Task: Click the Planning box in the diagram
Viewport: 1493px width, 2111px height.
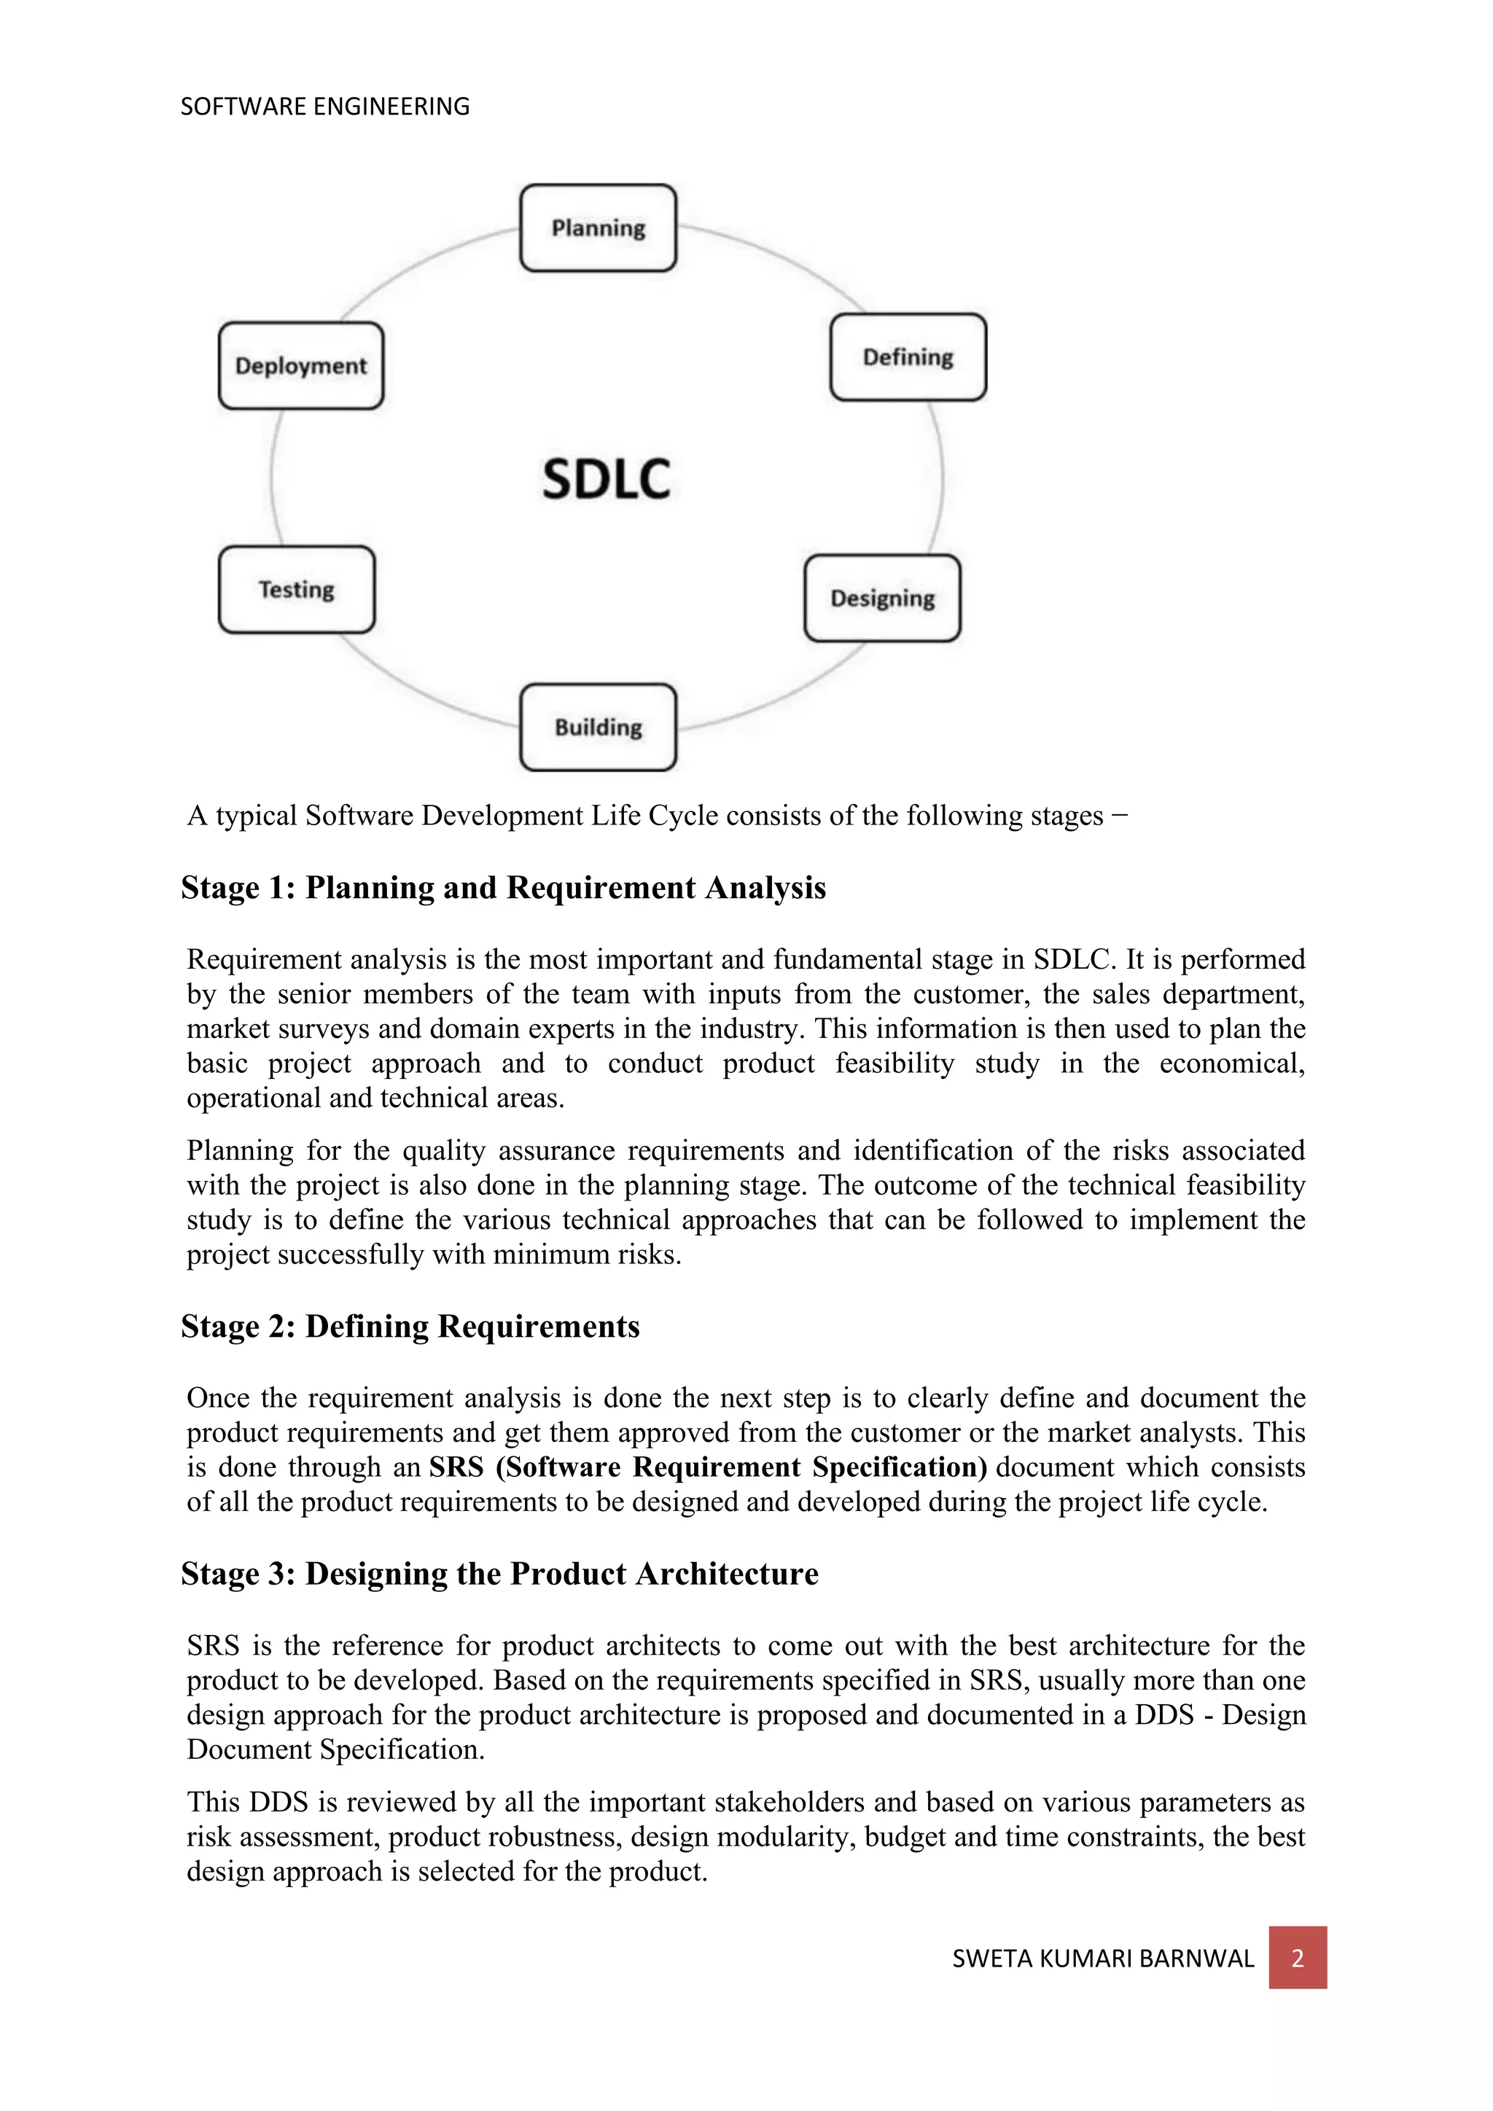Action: click(598, 228)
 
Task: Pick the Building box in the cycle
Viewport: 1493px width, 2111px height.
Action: click(598, 727)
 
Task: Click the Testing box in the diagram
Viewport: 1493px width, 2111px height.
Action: click(296, 590)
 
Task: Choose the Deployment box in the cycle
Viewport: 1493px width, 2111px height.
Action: click(300, 366)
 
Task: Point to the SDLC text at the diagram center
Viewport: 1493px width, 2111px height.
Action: click(606, 479)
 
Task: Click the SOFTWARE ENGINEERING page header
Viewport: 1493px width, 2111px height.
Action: click(324, 106)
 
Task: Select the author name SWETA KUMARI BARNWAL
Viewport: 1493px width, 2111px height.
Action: click(1102, 1959)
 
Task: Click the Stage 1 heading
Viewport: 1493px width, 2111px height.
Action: click(503, 887)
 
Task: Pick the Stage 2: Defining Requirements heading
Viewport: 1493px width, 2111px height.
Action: click(410, 1326)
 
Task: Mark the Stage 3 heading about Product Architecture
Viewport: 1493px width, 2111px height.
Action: click(499, 1573)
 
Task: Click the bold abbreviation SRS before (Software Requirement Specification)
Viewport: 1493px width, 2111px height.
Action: click(456, 1467)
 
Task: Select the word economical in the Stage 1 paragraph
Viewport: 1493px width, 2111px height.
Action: click(1232, 1064)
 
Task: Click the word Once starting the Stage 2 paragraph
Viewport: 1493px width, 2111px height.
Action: click(218, 1397)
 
